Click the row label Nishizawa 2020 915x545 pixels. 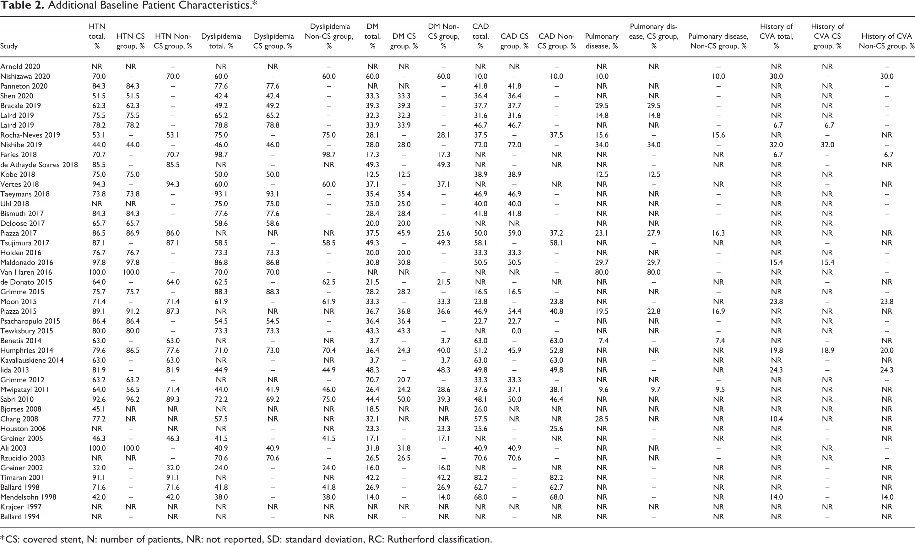point(25,76)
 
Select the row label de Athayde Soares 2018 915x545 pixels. point(39,165)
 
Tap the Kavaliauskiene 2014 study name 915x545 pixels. point(32,360)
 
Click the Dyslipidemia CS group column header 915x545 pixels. point(273,41)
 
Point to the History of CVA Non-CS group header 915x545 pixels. point(886,41)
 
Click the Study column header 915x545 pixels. point(9,46)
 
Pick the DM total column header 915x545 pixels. point(372,36)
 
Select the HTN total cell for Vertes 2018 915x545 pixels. point(97,184)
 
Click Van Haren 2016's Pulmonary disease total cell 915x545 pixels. point(602,272)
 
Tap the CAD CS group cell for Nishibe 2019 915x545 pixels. point(514,145)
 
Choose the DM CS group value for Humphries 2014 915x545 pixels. point(404,350)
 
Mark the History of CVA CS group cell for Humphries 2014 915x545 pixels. point(828,350)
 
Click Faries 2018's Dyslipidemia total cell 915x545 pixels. point(221,155)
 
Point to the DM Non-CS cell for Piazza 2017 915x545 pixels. point(443,233)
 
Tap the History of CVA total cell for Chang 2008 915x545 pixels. point(776,419)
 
